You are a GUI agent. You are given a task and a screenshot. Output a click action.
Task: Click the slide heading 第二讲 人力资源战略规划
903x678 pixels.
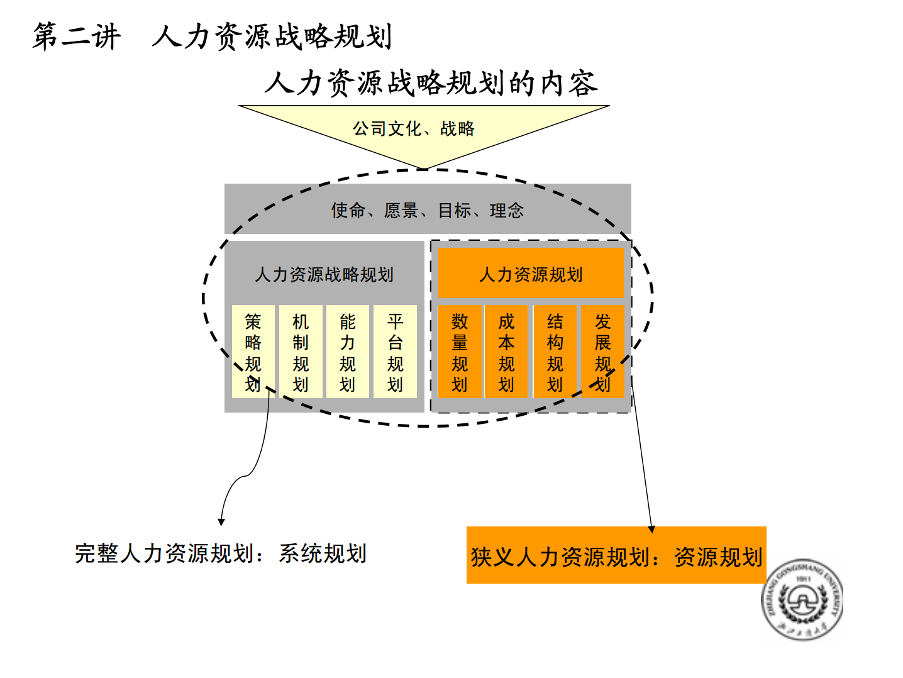click(x=212, y=36)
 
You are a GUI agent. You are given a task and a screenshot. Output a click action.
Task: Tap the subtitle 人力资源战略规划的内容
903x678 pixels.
click(x=431, y=83)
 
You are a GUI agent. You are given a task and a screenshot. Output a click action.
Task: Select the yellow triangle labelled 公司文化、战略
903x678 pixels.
click(x=424, y=131)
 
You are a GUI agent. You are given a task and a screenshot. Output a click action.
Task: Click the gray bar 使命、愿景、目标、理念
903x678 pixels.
click(x=428, y=209)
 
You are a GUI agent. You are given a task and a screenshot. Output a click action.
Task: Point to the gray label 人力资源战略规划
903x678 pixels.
click(x=324, y=274)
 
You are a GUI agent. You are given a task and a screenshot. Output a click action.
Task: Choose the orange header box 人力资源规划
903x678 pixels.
click(x=531, y=273)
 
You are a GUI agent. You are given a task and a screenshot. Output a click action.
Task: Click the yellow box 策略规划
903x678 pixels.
click(x=253, y=352)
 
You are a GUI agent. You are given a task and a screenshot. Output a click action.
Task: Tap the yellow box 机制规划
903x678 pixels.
click(x=301, y=352)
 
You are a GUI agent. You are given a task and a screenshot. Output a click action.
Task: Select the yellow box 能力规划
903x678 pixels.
click(x=348, y=352)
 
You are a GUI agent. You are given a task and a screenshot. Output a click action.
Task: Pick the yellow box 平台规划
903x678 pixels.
click(x=395, y=352)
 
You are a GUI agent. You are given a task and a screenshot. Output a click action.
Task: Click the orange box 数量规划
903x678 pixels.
click(x=460, y=352)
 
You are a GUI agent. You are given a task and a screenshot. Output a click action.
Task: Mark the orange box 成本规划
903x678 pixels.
click(x=506, y=352)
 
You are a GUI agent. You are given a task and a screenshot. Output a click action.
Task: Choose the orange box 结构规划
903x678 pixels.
click(x=555, y=352)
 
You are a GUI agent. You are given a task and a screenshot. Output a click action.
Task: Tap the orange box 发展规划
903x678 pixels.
click(x=602, y=352)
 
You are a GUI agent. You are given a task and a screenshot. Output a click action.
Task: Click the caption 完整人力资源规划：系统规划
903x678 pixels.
click(x=221, y=553)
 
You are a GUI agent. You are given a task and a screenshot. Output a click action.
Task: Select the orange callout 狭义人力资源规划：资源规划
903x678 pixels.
click(x=616, y=555)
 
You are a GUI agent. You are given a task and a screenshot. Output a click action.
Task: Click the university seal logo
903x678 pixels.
click(x=802, y=599)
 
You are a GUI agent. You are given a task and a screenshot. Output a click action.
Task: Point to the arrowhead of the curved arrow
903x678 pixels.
click(x=221, y=522)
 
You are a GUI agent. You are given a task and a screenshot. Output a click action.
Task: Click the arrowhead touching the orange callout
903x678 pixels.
click(x=651, y=529)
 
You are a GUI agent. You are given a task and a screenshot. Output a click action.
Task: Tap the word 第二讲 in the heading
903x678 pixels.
click(x=77, y=36)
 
